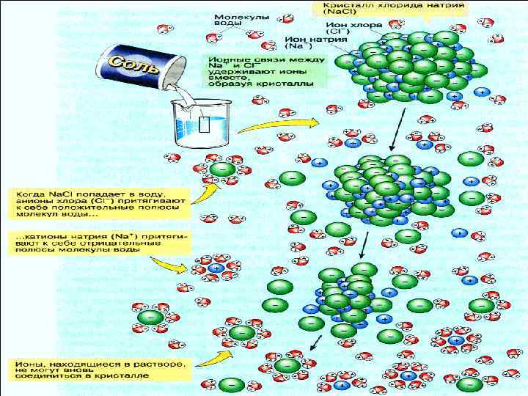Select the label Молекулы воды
(x=231, y=20)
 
